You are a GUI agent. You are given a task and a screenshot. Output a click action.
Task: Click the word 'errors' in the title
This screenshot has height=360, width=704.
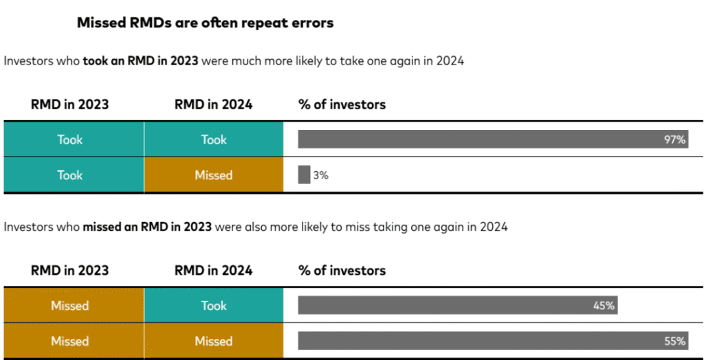pyautogui.click(x=310, y=23)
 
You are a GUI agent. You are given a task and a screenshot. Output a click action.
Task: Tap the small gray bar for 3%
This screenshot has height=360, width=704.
pyautogui.click(x=304, y=175)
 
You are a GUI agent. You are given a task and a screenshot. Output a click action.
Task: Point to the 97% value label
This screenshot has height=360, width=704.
pyautogui.click(x=674, y=139)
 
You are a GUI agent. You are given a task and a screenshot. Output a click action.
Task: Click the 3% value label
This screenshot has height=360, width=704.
pyautogui.click(x=320, y=175)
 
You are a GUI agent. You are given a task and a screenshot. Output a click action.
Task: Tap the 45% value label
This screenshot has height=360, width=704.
pyautogui.click(x=604, y=306)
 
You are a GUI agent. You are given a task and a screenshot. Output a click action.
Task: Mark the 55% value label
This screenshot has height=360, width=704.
pyautogui.click(x=674, y=341)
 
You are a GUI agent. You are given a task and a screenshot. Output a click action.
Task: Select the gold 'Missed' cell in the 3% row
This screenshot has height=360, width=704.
pyautogui.click(x=213, y=175)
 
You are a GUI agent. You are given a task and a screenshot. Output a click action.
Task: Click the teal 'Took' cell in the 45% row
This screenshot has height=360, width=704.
pyautogui.click(x=213, y=306)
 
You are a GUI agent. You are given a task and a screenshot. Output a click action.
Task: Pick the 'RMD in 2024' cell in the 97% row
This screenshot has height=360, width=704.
pyautogui.click(x=213, y=139)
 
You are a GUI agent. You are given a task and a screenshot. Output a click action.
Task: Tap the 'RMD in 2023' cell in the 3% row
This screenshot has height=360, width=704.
pyautogui.click(x=70, y=175)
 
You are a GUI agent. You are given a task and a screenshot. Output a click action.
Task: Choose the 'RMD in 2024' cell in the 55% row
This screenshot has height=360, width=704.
pyautogui.click(x=213, y=341)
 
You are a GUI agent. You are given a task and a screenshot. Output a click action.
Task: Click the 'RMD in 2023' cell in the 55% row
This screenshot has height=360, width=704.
pyautogui.click(x=70, y=341)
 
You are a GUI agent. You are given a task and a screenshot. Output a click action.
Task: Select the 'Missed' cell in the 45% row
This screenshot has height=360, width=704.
pyautogui.click(x=70, y=306)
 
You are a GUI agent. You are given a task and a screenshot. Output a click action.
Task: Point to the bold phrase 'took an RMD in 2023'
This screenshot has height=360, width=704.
pyautogui.click(x=140, y=60)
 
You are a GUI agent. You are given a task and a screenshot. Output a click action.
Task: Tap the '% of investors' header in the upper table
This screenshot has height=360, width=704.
pyautogui.click(x=342, y=105)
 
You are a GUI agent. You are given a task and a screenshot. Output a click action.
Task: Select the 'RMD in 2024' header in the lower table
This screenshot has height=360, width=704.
pyautogui.click(x=213, y=270)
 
